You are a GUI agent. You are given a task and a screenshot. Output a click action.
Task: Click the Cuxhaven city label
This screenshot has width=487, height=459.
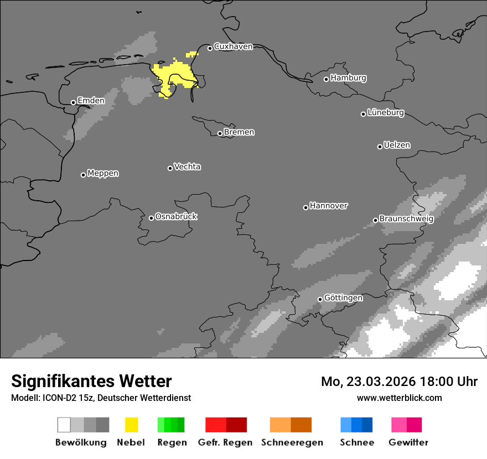click(x=233, y=47)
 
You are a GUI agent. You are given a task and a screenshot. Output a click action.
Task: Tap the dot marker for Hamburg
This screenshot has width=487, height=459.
click(x=327, y=79)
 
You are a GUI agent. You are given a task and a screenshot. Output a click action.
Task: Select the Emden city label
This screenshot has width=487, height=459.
click(x=91, y=101)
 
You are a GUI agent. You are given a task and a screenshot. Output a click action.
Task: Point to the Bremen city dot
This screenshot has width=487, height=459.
click(x=220, y=133)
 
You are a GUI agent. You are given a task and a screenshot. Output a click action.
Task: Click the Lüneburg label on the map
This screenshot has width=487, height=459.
click(x=386, y=113)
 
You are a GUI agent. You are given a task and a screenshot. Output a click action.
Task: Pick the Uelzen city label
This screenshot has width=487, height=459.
click(x=397, y=145)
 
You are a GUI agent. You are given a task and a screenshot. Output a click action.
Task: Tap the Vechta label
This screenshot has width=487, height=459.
click(x=187, y=167)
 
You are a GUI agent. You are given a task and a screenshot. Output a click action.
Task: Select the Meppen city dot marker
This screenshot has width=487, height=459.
click(x=83, y=175)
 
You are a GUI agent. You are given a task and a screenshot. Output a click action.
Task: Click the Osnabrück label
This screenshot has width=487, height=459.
click(x=176, y=217)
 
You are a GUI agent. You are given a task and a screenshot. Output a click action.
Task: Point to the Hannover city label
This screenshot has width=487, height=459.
click(x=329, y=206)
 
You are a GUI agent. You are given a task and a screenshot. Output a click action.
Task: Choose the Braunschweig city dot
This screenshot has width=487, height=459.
click(x=375, y=220)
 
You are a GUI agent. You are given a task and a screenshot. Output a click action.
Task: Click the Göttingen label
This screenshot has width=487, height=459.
click(x=343, y=298)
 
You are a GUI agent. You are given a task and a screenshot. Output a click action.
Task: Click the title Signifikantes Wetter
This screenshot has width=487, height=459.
click(x=91, y=381)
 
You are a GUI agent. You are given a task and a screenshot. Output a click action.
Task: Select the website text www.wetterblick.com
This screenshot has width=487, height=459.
click(x=400, y=398)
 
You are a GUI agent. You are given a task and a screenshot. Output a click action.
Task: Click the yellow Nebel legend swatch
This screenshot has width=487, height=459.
click(x=131, y=425)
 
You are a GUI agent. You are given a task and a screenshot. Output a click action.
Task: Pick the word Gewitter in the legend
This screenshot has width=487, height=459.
click(x=408, y=442)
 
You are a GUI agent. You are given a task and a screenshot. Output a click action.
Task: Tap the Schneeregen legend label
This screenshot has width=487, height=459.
click(x=292, y=442)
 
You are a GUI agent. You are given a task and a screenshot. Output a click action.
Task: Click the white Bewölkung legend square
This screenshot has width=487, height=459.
click(x=64, y=425)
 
